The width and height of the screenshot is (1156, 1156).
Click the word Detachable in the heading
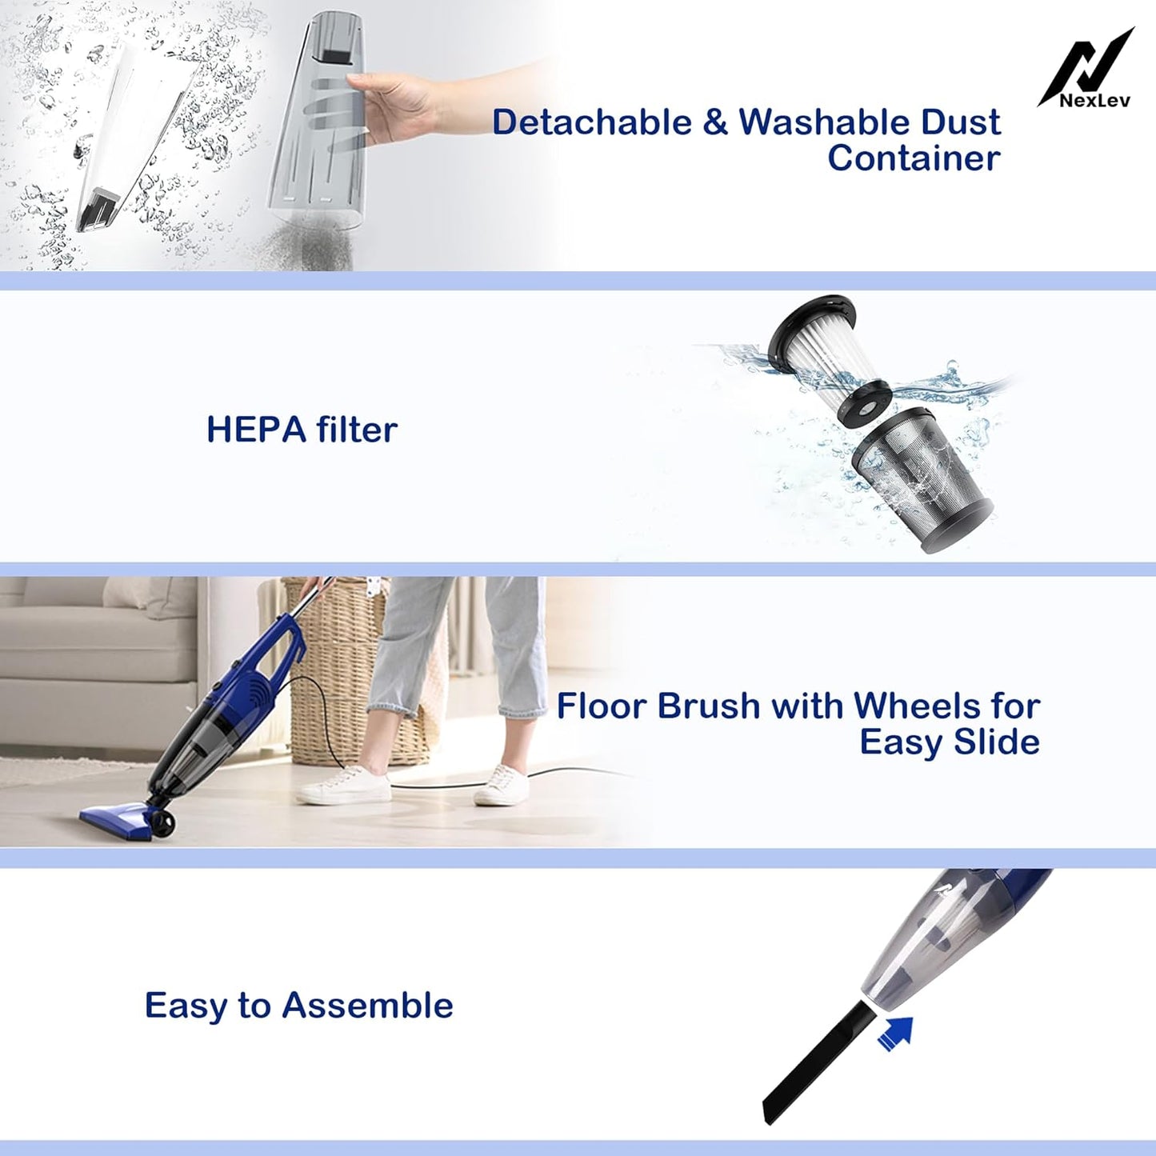(x=592, y=122)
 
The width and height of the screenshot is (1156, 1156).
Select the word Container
(x=914, y=158)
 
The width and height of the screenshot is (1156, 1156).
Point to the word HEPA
(x=255, y=430)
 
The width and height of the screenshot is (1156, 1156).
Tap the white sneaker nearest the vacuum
(x=344, y=784)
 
